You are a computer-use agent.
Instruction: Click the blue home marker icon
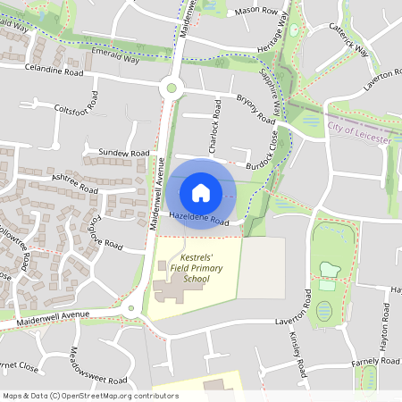(x=201, y=193)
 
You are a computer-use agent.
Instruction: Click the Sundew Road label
(x=124, y=154)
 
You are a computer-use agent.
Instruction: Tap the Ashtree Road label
(x=75, y=185)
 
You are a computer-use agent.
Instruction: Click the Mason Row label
(x=255, y=12)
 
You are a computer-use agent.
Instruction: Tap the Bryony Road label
(x=255, y=109)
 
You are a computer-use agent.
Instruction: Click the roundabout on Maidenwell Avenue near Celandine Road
(x=170, y=88)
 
